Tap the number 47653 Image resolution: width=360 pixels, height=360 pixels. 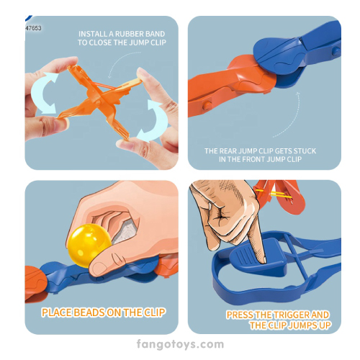[33, 28]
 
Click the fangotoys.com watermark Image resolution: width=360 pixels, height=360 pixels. [180, 344]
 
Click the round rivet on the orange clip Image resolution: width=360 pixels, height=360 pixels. [207, 106]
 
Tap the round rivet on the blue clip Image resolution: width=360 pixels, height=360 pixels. [336, 51]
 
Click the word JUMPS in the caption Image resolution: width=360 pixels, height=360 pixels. [303, 325]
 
